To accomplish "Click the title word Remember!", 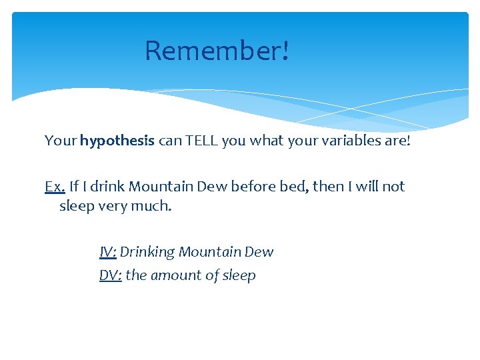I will point(217,51).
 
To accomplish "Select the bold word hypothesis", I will point(117,141).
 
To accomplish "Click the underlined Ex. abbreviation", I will point(55,187).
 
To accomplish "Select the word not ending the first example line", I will point(393,187).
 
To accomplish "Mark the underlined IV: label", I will point(108,252).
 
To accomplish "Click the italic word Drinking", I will point(147,252).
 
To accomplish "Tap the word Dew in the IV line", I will point(259,252).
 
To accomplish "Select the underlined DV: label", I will point(110,275).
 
